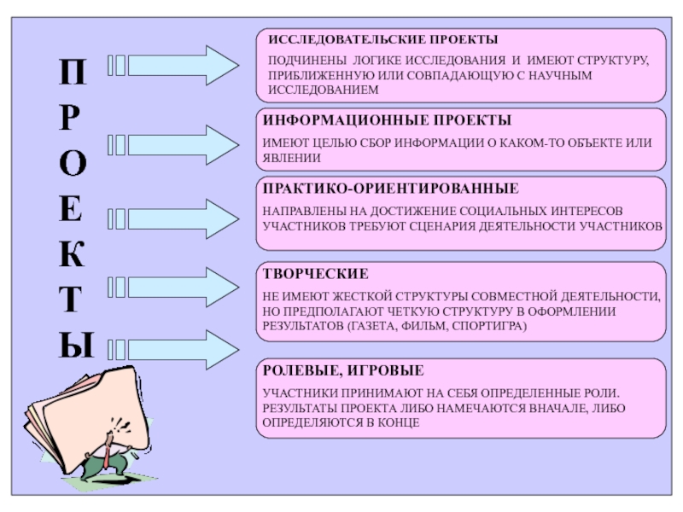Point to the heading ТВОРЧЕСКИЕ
(315, 275)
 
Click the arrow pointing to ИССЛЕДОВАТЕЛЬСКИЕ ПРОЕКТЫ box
(175, 63)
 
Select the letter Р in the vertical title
(73, 120)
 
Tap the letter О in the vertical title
(73, 165)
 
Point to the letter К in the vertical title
(73, 253)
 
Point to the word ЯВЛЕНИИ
(291, 158)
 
